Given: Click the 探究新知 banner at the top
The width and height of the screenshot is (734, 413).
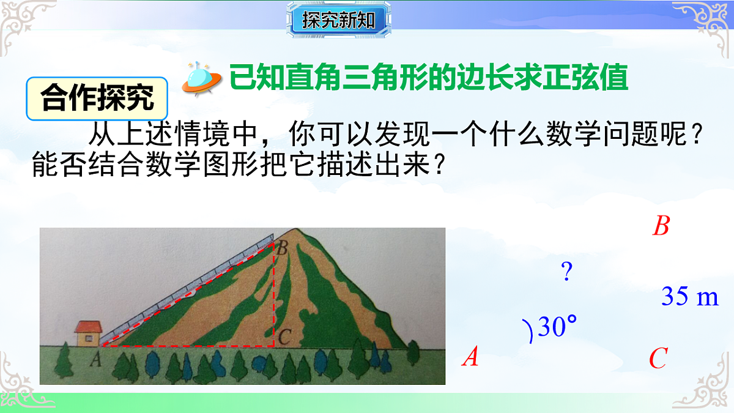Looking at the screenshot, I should pos(338,20).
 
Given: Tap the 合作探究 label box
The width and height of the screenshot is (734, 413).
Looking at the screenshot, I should pos(97,99).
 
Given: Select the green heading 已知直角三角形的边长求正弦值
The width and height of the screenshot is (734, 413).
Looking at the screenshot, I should pos(429,78).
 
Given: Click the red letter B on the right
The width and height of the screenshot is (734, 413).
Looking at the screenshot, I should pos(661,226).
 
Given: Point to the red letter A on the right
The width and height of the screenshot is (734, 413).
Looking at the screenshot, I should pos(470,356).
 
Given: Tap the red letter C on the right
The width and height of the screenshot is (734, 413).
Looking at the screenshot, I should pos(658,358).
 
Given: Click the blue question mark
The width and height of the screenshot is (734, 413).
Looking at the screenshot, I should pos(567,271).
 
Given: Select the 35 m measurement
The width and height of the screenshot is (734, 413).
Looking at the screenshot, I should pos(689,297).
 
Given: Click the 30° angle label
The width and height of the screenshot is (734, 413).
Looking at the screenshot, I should pos(557,328).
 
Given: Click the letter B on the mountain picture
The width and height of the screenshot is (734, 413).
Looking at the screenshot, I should pos(282,248).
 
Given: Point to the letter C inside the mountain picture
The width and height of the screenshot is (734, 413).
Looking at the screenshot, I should pos(283,336).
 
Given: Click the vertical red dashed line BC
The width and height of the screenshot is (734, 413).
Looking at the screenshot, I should pos(273,294).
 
